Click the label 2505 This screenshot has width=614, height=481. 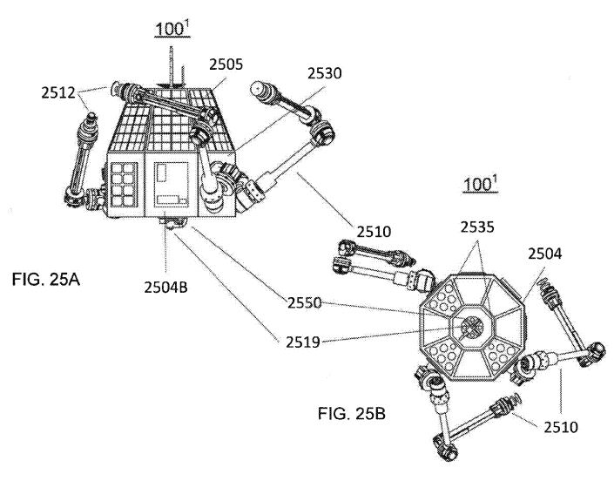(226, 64)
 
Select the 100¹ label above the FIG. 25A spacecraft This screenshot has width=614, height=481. (170, 28)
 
